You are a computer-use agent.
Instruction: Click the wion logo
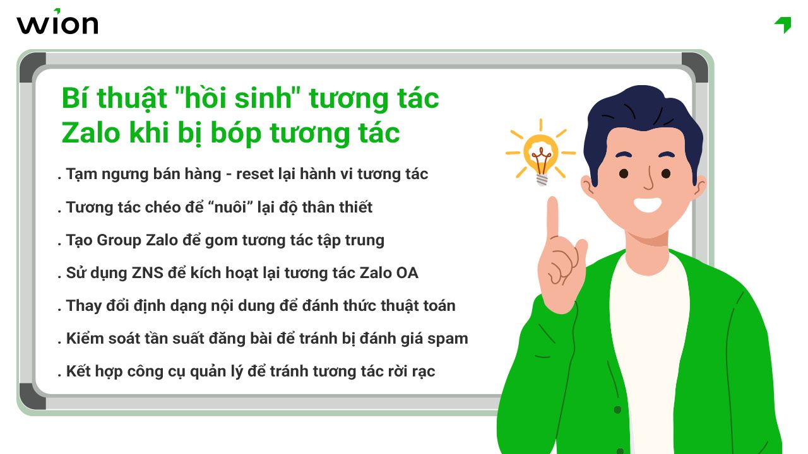click(57, 23)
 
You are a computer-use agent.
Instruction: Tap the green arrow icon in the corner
click(783, 25)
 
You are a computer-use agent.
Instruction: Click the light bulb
click(541, 154)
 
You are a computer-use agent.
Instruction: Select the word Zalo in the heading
click(86, 133)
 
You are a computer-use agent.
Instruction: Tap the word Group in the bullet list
click(119, 240)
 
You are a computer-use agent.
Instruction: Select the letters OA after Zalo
click(407, 273)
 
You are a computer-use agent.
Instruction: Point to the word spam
click(448, 339)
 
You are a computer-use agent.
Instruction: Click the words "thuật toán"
click(417, 306)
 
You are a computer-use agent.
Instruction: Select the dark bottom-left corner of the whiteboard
click(32, 397)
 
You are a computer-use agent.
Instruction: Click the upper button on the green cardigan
click(617, 410)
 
